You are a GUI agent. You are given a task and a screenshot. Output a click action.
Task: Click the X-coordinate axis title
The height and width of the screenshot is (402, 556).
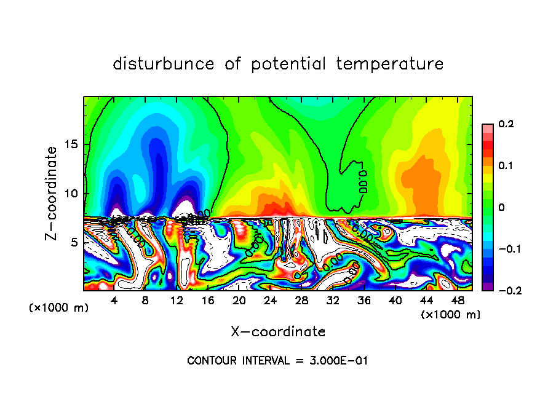278,332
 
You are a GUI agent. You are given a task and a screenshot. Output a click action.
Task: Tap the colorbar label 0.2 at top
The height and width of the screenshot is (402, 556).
506,124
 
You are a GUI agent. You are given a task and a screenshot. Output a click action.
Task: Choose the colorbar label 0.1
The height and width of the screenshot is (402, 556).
506,166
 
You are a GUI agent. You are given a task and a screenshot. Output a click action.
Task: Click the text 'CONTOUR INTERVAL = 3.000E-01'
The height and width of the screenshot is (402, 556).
277,361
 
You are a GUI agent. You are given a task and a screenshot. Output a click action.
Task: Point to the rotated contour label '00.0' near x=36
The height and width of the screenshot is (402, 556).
362,178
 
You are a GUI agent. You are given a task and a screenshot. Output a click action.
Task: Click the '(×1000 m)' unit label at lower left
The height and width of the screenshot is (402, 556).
59,308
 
